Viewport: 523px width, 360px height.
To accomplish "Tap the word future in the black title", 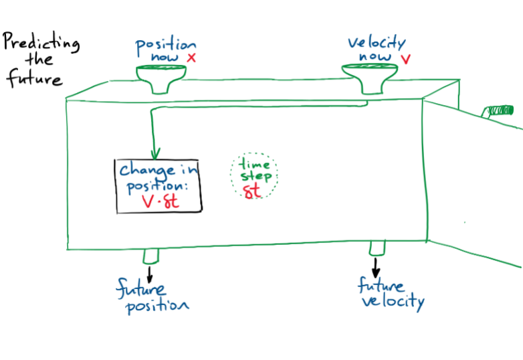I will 34,79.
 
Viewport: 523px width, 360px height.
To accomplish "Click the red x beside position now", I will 191,58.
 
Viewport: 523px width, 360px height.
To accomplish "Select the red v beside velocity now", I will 405,60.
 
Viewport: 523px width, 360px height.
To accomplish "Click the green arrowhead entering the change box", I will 155,155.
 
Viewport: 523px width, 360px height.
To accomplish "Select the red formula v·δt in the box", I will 161,202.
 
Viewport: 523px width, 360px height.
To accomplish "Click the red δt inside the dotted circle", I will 252,192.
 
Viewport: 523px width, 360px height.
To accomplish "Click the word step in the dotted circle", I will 257,177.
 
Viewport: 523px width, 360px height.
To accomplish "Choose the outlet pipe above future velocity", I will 377,248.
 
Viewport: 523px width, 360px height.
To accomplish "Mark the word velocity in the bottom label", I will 393,302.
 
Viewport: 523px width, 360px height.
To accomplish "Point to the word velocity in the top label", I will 376,43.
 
